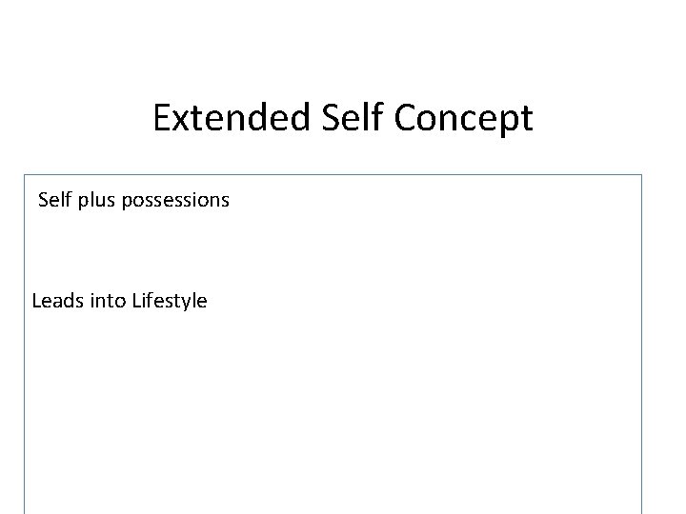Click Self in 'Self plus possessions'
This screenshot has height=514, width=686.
point(53,201)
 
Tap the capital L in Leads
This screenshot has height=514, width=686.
point(37,302)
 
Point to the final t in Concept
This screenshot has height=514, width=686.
point(527,120)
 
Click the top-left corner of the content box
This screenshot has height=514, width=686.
point(25,174)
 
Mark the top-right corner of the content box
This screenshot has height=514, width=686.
point(642,174)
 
